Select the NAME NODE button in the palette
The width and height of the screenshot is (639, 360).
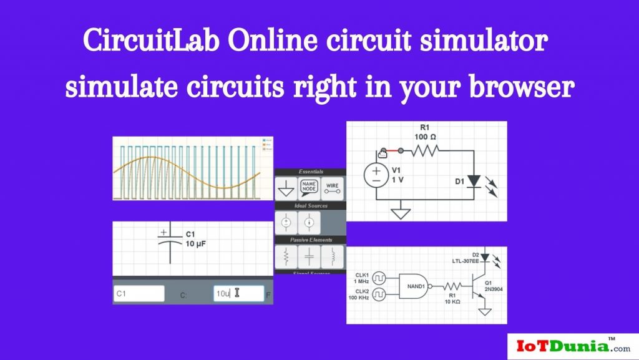click(309, 186)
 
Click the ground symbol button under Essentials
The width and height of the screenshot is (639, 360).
click(286, 187)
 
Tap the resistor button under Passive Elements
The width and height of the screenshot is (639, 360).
click(286, 256)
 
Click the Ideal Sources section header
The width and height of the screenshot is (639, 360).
click(310, 205)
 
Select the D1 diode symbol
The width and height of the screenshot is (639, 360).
click(475, 182)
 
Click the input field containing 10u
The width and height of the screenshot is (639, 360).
click(238, 293)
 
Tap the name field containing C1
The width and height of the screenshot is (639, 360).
click(139, 293)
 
